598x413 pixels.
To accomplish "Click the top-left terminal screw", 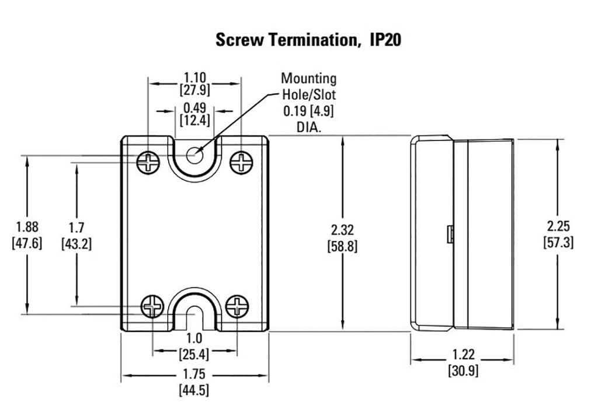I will (148, 162).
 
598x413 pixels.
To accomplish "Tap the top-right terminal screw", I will (241, 162).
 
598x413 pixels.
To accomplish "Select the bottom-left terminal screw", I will (152, 305).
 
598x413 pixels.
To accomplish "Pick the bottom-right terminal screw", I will (237, 305).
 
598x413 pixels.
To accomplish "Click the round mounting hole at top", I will (194, 155).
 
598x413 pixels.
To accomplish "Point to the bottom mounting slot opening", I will (194, 318).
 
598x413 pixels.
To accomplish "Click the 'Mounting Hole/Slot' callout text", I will (308, 86).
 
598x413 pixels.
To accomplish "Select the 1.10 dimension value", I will (195, 77).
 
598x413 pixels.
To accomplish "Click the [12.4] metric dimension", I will (195, 120).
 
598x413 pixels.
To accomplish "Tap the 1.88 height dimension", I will (27, 226).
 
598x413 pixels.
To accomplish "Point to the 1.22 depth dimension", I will (463, 354).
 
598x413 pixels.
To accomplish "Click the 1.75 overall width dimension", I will (194, 375).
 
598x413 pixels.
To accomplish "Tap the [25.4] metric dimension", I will (194, 353).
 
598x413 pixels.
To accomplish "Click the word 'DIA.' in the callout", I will (308, 126).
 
